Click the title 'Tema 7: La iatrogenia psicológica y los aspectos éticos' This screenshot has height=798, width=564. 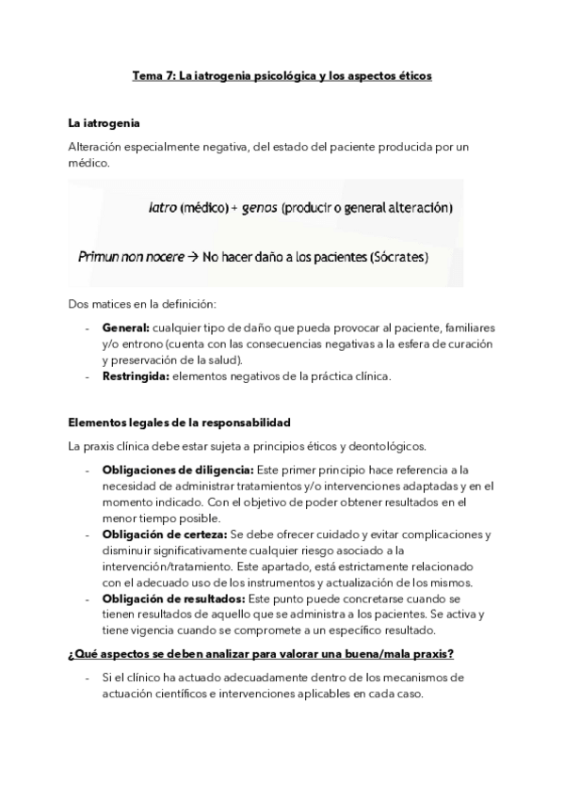pos(282,75)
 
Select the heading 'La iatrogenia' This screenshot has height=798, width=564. pos(105,122)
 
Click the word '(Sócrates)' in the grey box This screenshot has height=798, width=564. pos(396,255)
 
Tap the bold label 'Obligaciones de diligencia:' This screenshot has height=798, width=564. pos(177,469)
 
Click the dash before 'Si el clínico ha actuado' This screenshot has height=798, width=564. pos(87,678)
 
